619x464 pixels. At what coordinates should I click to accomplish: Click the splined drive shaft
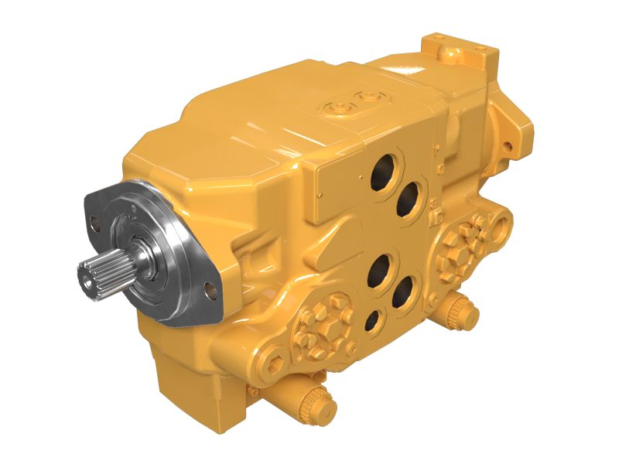coord(104,275)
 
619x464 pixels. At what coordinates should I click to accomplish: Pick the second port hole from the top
coord(409,200)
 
